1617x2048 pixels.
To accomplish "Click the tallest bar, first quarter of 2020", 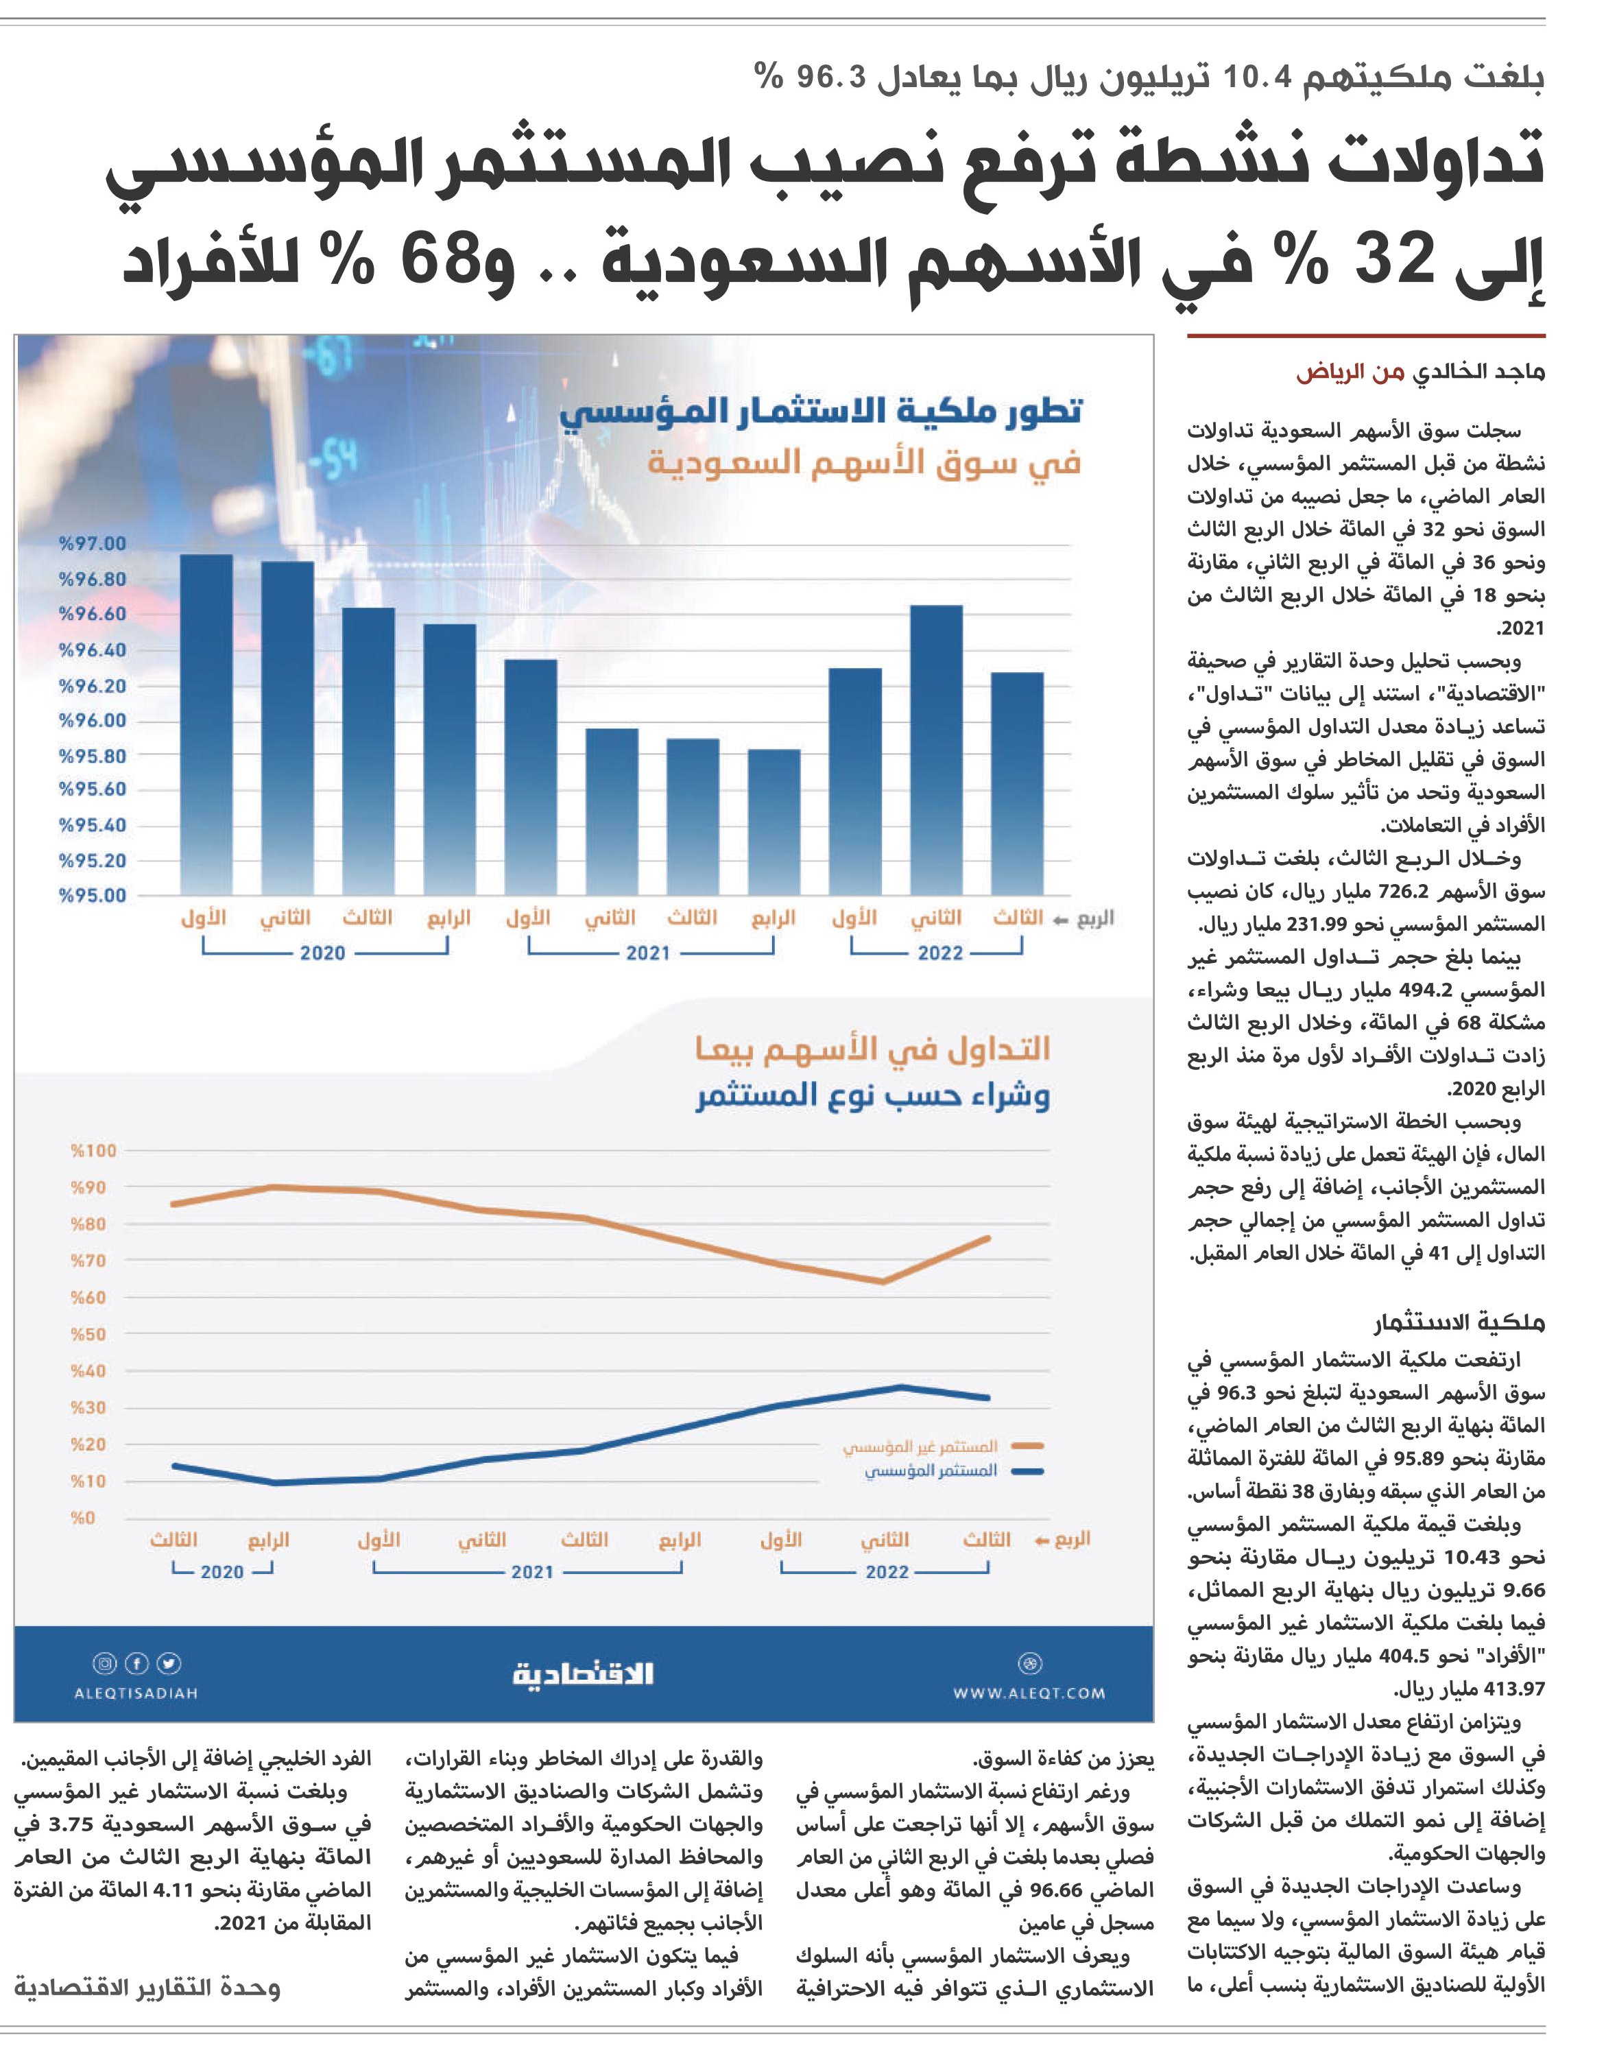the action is [x=206, y=724].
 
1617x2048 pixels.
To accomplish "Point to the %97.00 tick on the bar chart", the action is [x=92, y=543].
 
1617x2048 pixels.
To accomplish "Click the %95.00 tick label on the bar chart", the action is [x=92, y=896].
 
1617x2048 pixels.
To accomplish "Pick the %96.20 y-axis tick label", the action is [x=92, y=685].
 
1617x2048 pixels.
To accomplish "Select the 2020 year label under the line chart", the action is [x=222, y=1572].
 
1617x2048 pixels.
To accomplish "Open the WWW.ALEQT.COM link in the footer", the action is [x=1029, y=1693].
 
